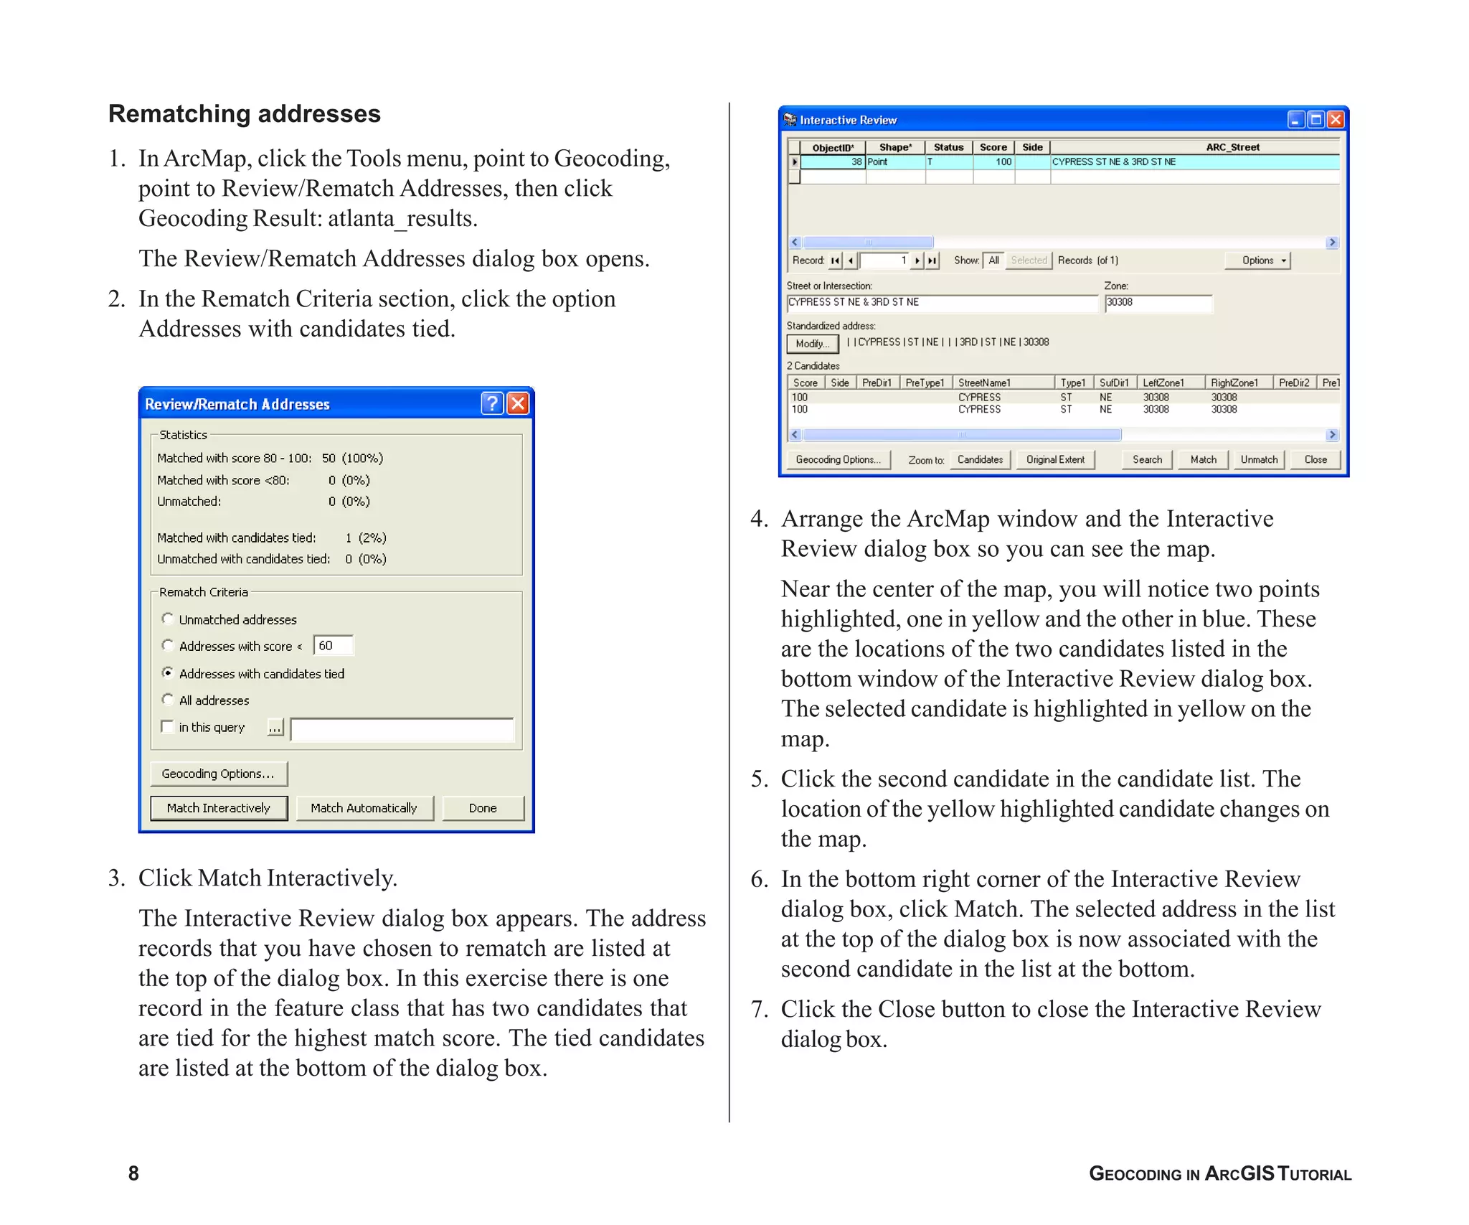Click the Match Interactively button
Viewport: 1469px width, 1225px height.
pyautogui.click(x=219, y=808)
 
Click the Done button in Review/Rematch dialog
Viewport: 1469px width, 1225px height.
pyautogui.click(x=483, y=808)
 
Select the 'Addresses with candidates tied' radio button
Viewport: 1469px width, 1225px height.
pyautogui.click(x=168, y=673)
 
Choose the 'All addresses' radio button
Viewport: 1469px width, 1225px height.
pyautogui.click(x=168, y=700)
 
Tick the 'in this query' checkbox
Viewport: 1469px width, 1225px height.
pyautogui.click(x=168, y=727)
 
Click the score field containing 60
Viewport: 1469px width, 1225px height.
pyautogui.click(x=334, y=646)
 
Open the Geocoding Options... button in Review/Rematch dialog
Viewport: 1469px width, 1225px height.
pyautogui.click(x=219, y=774)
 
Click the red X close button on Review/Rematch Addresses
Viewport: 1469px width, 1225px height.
pyautogui.click(x=518, y=403)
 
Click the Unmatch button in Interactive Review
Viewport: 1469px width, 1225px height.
pyautogui.click(x=1259, y=459)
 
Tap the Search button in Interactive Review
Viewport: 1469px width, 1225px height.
pyautogui.click(x=1147, y=459)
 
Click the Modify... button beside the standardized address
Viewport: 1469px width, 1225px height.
pyautogui.click(x=812, y=344)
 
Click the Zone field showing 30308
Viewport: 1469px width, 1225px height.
pyautogui.click(x=1157, y=303)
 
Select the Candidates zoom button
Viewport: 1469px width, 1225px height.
pyautogui.click(x=980, y=459)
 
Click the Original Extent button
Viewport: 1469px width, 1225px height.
pyautogui.click(x=1055, y=459)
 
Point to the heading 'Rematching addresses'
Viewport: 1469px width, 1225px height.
pyautogui.click(x=245, y=114)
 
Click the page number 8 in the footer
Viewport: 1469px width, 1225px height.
pyautogui.click(x=133, y=1173)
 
